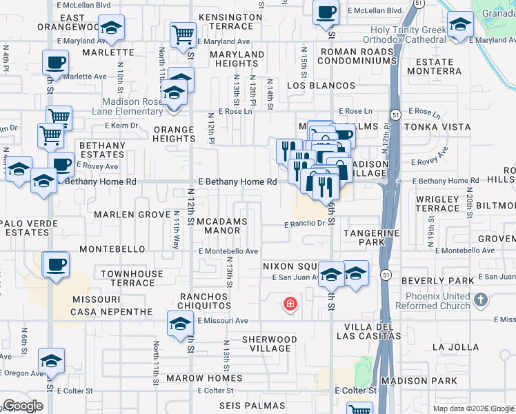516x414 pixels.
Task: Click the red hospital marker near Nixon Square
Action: (x=290, y=304)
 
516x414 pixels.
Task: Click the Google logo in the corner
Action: (x=23, y=405)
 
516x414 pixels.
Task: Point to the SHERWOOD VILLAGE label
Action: (x=269, y=344)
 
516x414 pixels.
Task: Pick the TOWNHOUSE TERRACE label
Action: (x=132, y=279)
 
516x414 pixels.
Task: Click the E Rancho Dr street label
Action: (x=304, y=224)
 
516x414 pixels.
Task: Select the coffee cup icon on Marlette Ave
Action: (x=54, y=63)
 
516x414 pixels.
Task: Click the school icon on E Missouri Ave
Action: (x=179, y=323)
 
